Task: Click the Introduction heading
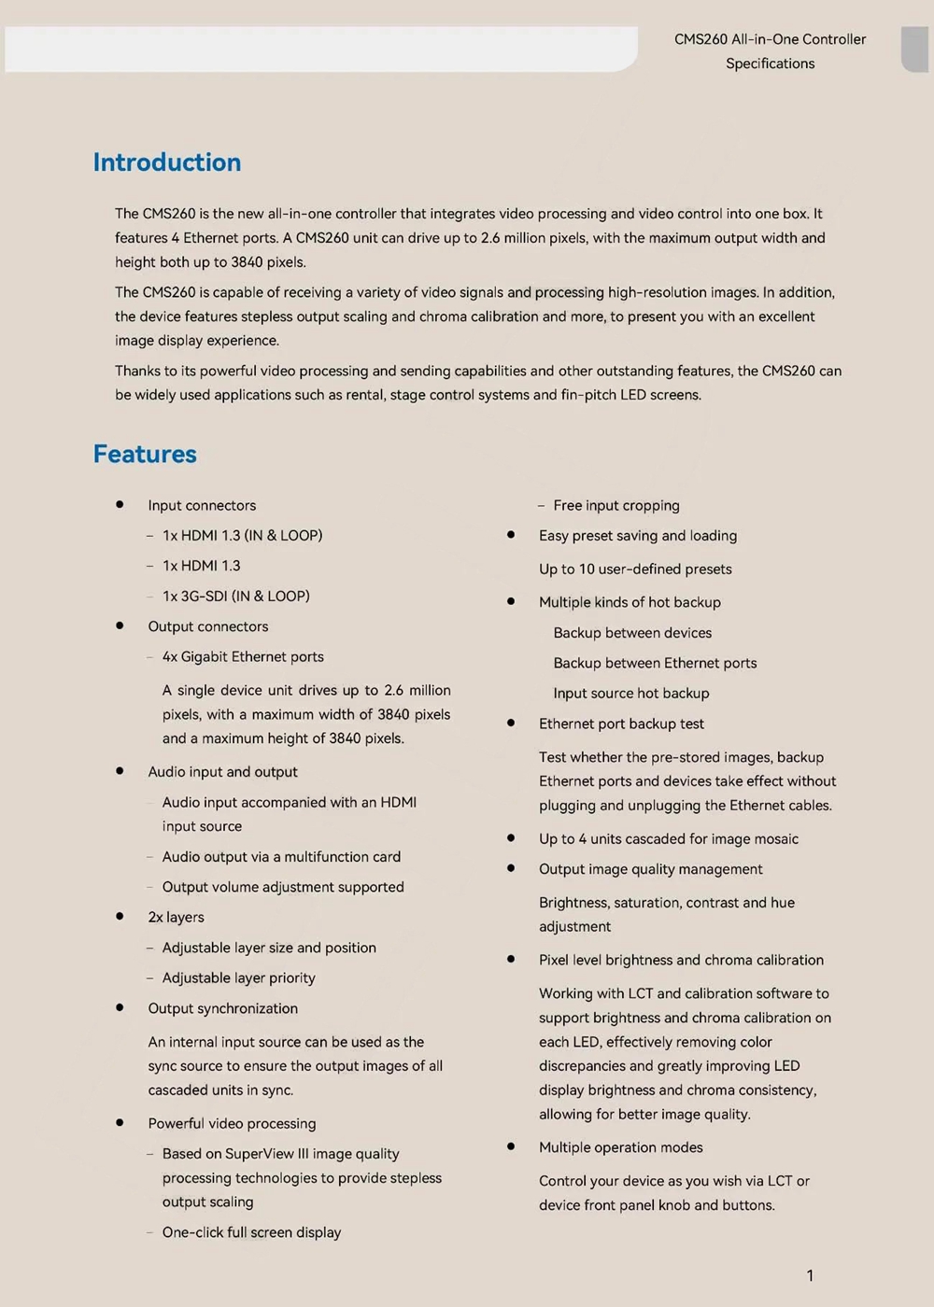(167, 162)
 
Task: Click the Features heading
(145, 454)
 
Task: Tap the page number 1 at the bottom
(810, 1275)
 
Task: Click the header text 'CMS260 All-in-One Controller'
(770, 39)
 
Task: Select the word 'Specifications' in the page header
(770, 63)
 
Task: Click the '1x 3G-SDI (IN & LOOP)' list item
(235, 596)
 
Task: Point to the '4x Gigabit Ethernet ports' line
(243, 656)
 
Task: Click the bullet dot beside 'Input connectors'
(120, 504)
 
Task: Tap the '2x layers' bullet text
(176, 917)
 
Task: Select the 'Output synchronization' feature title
(222, 1008)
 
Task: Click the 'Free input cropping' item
(616, 505)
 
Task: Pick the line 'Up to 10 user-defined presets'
(635, 569)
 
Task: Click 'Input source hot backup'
(631, 693)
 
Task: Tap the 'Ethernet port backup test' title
(621, 724)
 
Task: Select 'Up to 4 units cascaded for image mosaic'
(669, 838)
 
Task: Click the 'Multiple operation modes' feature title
(621, 1147)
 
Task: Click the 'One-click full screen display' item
(251, 1232)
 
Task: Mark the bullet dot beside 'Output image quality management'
(511, 868)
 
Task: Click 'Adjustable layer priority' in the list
(239, 977)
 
